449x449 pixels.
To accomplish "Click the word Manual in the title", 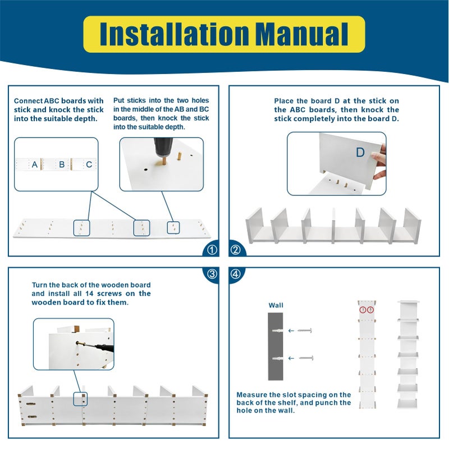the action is coord(301,34).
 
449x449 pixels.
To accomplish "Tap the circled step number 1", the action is coord(212,250).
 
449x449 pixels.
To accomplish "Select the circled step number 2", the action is coord(236,250).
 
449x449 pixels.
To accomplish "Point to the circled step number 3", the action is coord(212,274).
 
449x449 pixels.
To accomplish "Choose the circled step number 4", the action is coord(236,274).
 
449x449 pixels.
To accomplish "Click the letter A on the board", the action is coord(35,164).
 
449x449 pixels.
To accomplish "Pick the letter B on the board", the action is coord(62,164).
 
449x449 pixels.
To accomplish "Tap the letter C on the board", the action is coord(89,164).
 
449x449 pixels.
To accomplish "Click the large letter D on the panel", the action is coord(360,152).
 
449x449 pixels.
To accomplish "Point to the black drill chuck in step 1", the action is coord(163,146).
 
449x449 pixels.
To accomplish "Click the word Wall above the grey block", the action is coord(276,305).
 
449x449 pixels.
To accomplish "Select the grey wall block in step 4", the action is coord(276,346).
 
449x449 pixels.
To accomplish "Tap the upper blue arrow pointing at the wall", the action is coord(291,331).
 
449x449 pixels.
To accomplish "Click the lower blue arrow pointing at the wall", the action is coord(291,358).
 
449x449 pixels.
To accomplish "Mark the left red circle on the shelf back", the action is coord(363,310).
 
